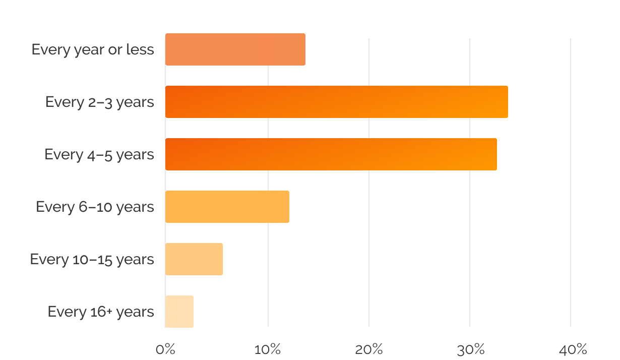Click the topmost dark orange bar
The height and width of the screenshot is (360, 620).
[267, 51]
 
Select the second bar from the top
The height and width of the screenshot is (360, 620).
[367, 102]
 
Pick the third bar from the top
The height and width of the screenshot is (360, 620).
[367, 154]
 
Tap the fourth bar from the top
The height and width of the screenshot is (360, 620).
[267, 207]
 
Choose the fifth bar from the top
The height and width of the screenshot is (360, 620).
[216, 259]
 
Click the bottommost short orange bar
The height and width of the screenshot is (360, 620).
[216, 312]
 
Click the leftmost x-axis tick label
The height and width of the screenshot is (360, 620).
[166, 349]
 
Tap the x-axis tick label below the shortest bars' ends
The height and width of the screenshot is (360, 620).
[267, 349]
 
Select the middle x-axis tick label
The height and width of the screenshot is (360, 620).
[368, 349]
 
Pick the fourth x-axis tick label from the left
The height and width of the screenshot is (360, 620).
[469, 349]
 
